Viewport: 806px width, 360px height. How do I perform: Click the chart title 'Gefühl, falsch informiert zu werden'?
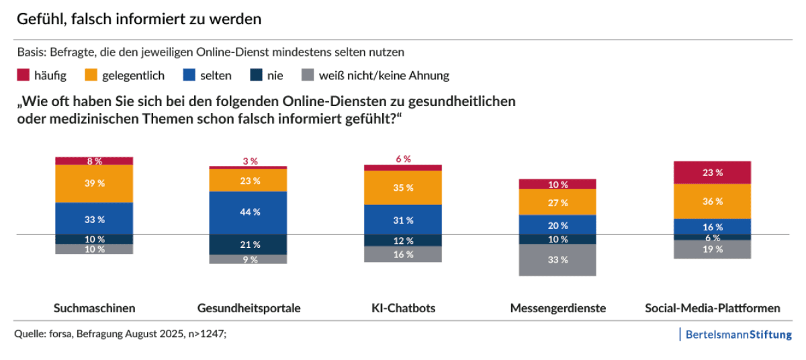coord(139,19)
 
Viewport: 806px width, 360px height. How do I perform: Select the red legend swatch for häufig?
coord(23,75)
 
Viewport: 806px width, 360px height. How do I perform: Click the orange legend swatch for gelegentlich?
coord(91,75)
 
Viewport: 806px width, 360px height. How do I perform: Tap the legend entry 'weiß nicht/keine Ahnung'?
coord(384,75)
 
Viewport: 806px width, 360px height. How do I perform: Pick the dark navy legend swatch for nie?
coord(257,75)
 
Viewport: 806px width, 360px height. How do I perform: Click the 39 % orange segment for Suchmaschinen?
coord(94,183)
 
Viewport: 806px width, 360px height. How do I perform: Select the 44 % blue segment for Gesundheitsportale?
coord(248,212)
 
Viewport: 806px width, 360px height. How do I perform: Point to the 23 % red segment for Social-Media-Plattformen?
coord(712,173)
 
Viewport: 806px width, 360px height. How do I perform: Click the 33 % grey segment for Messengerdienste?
coord(557,260)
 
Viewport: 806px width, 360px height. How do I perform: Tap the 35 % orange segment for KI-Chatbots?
coord(403,188)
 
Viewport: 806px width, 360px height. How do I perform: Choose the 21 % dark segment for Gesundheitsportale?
coord(248,244)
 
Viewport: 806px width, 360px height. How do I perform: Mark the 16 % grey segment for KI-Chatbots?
coord(403,254)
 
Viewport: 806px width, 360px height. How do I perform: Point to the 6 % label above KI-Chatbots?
coord(403,159)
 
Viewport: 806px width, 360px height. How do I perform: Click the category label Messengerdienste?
coord(557,308)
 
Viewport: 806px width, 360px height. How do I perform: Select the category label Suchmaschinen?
coord(94,308)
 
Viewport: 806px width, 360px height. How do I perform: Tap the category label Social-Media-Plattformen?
coord(712,308)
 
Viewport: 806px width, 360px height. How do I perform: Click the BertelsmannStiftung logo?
coord(737,334)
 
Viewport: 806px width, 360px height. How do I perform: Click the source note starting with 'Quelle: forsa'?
coord(120,332)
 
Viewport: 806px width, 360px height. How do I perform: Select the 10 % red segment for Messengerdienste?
coord(557,184)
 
